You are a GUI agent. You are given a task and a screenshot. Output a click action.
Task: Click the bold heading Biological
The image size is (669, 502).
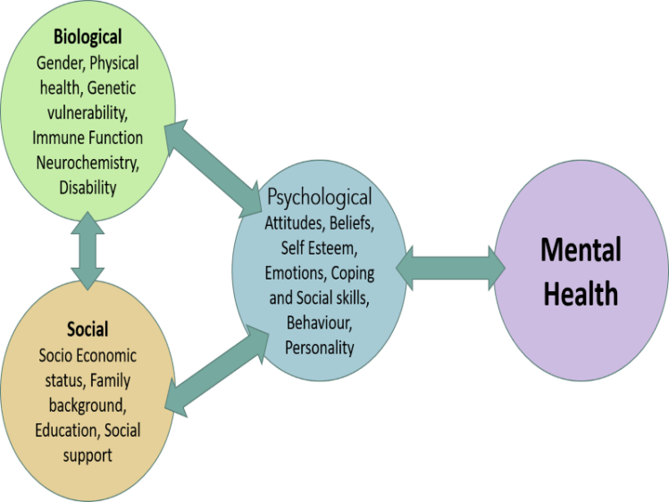(x=87, y=38)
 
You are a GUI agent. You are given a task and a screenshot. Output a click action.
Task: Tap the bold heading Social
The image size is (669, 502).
(x=87, y=330)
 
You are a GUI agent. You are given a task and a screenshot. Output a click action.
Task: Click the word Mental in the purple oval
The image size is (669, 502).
(x=581, y=249)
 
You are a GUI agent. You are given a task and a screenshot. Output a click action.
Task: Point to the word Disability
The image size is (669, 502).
(x=88, y=188)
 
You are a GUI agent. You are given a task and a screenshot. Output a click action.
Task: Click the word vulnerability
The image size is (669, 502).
(x=87, y=113)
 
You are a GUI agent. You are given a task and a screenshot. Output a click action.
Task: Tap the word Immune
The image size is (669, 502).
(x=58, y=138)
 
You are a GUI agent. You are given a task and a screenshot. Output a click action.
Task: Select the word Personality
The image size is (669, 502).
(x=319, y=347)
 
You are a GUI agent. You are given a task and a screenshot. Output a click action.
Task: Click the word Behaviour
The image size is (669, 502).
(x=319, y=322)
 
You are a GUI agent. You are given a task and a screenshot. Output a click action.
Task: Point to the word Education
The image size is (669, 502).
(x=67, y=430)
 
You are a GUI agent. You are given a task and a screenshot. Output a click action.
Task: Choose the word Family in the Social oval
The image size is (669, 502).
(x=109, y=381)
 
